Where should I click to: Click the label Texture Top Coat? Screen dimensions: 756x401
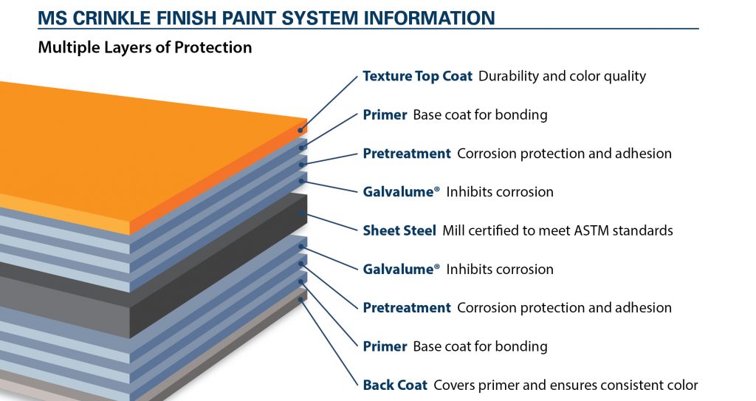tap(418, 76)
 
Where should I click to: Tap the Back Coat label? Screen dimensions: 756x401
tap(395, 385)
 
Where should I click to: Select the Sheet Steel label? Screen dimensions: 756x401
tap(399, 230)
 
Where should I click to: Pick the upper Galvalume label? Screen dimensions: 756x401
tap(401, 192)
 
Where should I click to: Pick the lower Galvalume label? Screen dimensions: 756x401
tap(401, 270)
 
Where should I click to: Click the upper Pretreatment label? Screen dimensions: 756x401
tap(407, 154)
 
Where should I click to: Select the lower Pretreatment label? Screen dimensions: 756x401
tap(407, 308)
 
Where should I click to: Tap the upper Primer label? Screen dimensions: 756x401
tap(385, 115)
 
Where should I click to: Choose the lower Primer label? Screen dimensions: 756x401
tap(385, 346)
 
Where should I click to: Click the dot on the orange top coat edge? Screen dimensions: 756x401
tap(300, 130)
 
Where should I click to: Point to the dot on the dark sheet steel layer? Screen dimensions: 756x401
tap(301, 213)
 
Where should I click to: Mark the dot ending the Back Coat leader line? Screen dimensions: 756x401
tap(301, 300)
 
